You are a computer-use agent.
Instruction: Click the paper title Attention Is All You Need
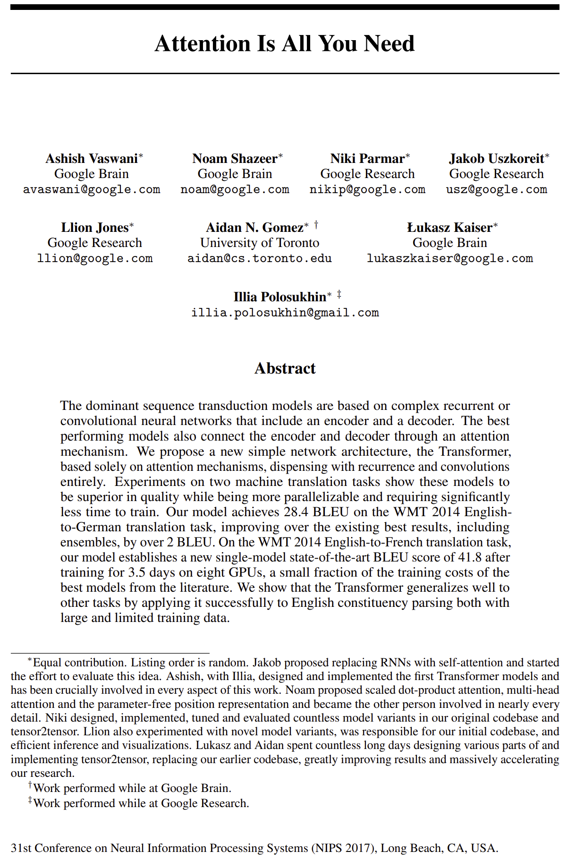(x=285, y=43)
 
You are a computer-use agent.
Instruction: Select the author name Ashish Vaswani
(x=92, y=159)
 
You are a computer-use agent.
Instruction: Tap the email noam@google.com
(x=235, y=190)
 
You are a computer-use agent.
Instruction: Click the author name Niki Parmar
(x=367, y=159)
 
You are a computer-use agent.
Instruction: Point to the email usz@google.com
(x=496, y=190)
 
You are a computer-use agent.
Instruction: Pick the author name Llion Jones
(x=94, y=228)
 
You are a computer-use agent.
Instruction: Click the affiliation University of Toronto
(x=260, y=243)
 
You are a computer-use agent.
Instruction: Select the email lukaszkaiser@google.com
(x=449, y=259)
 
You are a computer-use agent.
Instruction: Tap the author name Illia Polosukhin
(x=280, y=297)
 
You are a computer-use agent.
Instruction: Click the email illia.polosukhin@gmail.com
(x=285, y=313)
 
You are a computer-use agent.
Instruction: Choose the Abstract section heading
(x=285, y=368)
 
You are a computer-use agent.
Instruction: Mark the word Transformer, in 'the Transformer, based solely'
(x=474, y=451)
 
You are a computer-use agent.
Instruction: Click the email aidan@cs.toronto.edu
(x=260, y=259)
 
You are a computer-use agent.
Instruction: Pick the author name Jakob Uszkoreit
(x=496, y=159)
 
